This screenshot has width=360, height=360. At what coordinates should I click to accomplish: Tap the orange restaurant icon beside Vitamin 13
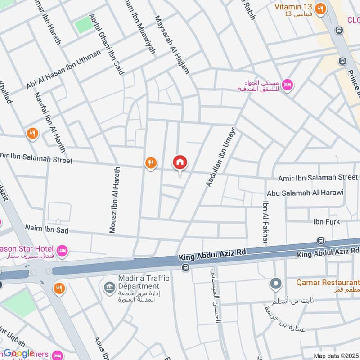click(320, 9)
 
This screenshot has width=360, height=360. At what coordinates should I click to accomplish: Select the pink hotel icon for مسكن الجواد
click(288, 85)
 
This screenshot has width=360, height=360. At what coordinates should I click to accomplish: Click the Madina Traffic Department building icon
click(109, 287)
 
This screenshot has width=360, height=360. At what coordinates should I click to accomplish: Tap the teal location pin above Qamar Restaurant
click(275, 284)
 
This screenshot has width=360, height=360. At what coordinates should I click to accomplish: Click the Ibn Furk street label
click(327, 222)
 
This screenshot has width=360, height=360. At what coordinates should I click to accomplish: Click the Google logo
click(19, 353)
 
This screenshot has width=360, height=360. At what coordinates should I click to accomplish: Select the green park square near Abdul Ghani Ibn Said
click(84, 24)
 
